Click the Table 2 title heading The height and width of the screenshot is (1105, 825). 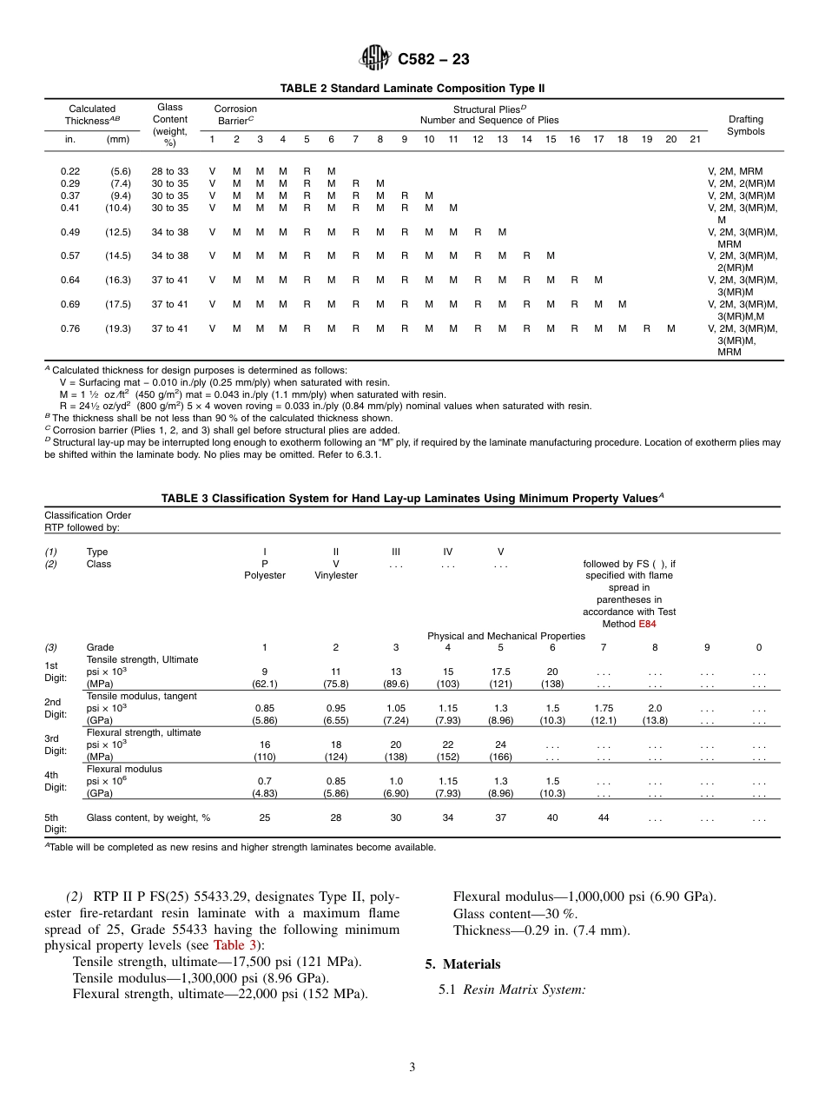(x=412, y=89)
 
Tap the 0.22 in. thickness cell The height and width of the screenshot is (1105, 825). (x=70, y=171)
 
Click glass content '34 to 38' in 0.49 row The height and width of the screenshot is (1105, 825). (x=170, y=232)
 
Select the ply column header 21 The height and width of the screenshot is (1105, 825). (x=695, y=139)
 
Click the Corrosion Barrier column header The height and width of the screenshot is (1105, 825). (x=235, y=115)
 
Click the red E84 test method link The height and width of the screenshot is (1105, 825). (x=647, y=624)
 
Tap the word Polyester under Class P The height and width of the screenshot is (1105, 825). (x=265, y=576)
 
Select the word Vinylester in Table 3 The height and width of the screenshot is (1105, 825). (x=336, y=576)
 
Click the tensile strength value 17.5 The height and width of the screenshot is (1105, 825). (x=500, y=672)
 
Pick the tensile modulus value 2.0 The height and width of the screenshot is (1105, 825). (x=655, y=708)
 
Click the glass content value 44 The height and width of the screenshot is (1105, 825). (x=604, y=817)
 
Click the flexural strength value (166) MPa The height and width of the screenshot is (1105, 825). (x=500, y=757)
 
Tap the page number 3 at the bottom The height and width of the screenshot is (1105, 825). (x=412, y=1068)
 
